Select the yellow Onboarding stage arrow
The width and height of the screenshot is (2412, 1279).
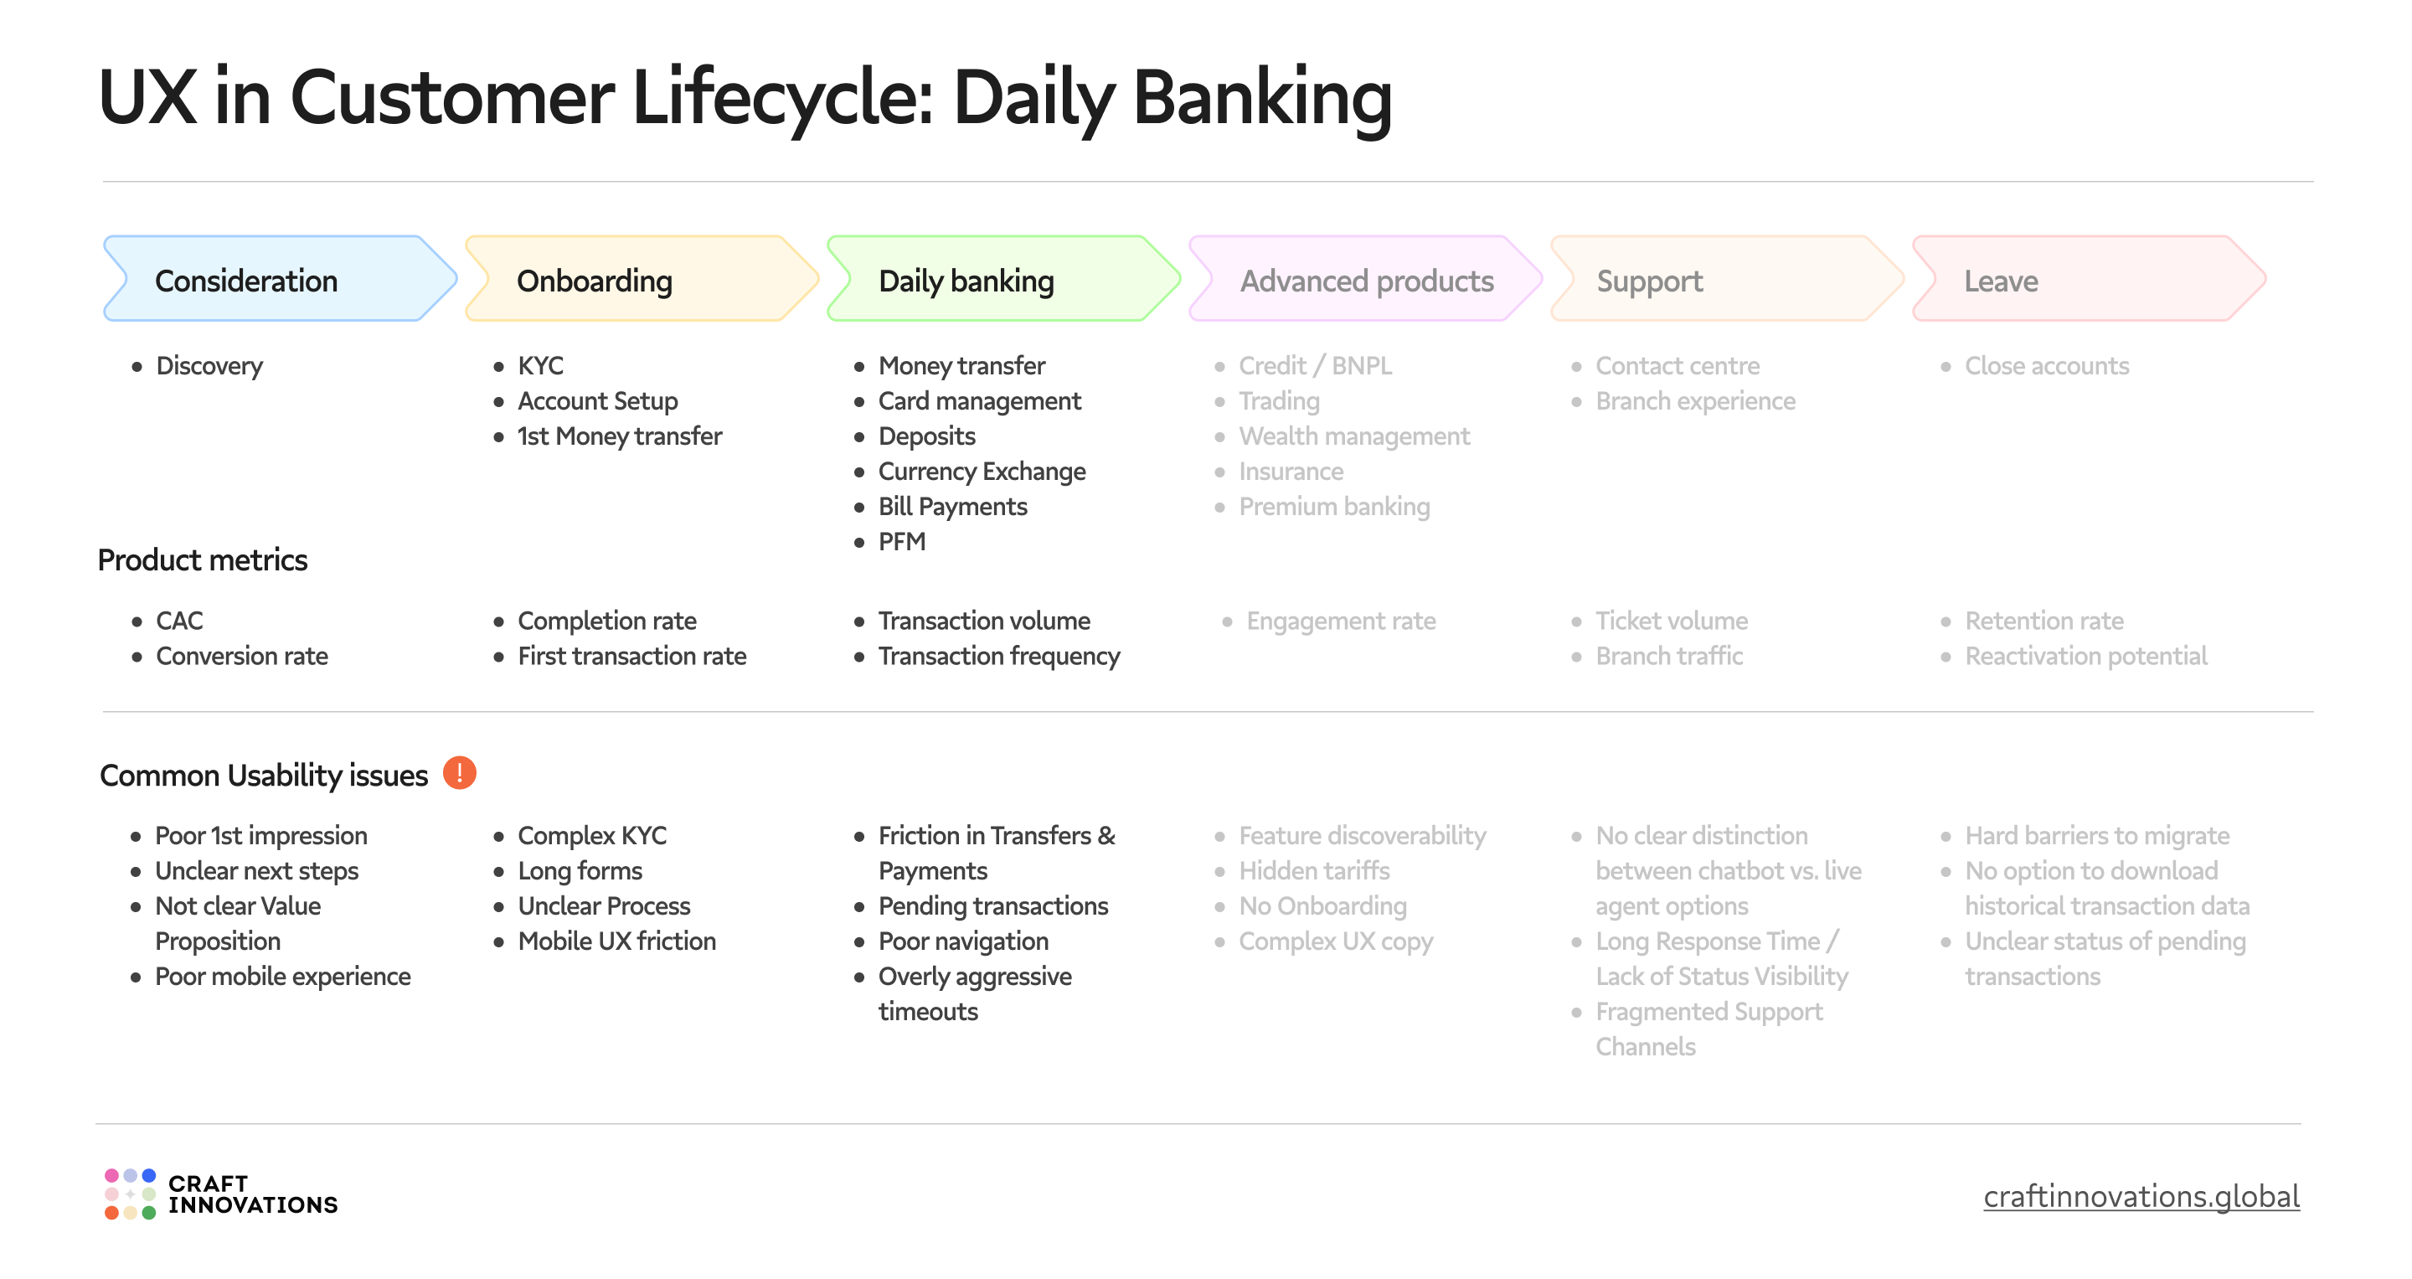(641, 280)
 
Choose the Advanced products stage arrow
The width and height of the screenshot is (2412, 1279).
(1365, 280)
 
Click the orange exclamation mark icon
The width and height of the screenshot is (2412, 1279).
(459, 773)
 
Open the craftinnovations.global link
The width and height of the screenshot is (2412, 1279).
(2141, 1197)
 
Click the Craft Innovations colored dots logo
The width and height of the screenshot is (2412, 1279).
(130, 1194)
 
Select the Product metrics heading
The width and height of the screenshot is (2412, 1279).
(202, 560)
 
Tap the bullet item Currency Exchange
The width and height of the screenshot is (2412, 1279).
(982, 472)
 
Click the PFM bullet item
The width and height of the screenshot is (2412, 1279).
(901, 542)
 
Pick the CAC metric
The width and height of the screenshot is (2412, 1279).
(179, 621)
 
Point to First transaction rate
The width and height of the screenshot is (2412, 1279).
(631, 657)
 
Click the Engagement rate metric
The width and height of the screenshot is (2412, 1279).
(1340, 621)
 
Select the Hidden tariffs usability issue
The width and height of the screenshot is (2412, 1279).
(1314, 871)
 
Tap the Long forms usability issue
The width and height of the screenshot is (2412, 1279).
(580, 871)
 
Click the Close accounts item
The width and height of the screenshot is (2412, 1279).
(2046, 366)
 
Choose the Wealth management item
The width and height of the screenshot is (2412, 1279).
(1354, 436)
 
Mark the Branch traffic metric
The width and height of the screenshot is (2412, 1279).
(1668, 657)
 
